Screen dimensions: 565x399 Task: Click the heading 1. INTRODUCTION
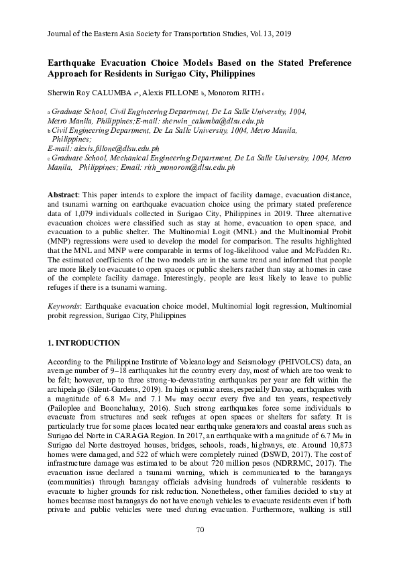pyautogui.click(x=84, y=343)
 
